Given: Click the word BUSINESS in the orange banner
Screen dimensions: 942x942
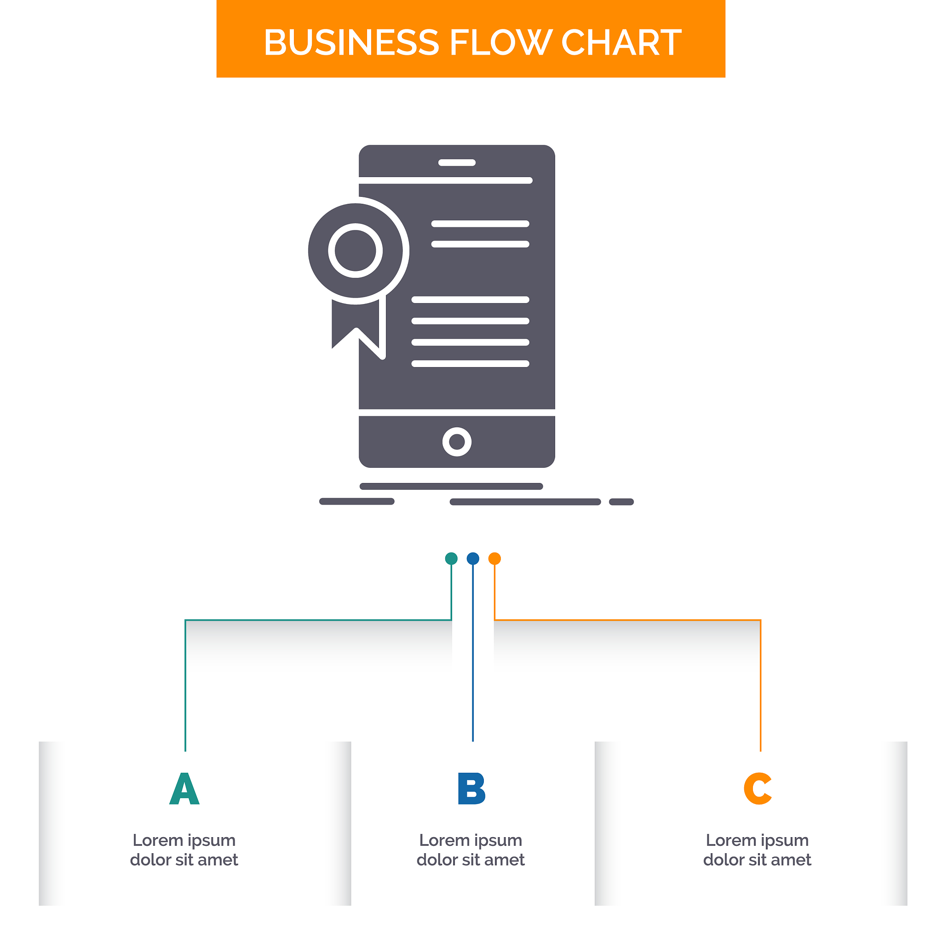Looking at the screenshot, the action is [351, 42].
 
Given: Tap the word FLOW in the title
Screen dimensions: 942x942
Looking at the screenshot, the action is [501, 42].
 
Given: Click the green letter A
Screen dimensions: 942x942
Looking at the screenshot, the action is [184, 788].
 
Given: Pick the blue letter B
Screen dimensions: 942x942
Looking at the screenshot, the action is [471, 788].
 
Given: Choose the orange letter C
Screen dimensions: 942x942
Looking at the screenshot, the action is [758, 788].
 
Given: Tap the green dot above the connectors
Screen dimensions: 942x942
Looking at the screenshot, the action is [452, 558].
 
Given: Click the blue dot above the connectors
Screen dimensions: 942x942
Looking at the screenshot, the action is [473, 558].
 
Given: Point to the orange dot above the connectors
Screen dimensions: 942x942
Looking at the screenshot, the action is [494, 558].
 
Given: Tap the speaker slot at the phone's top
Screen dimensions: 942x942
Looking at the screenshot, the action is [457, 163].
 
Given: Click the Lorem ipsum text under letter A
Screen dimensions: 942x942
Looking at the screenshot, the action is [184, 850].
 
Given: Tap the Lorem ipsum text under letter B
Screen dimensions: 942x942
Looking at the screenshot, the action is [471, 850].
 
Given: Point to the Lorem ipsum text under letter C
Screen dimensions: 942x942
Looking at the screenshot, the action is [757, 850].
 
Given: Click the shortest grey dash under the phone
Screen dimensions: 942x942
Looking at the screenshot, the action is [621, 502].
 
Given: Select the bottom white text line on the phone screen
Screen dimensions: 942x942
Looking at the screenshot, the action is [471, 364].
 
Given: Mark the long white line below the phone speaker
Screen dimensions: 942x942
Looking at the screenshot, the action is [446, 180].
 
